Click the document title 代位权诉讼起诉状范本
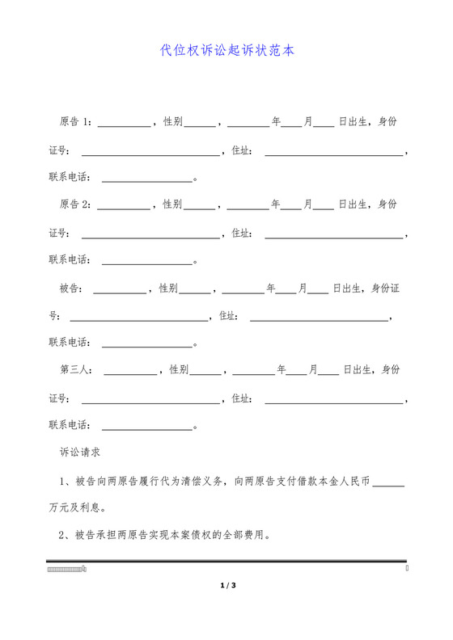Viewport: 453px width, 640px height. point(226,50)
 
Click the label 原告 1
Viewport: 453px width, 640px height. point(75,122)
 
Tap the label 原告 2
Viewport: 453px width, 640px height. point(75,204)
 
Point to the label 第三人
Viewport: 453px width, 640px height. point(75,370)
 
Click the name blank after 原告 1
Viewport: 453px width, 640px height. point(124,124)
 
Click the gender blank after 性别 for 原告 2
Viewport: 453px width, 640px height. point(200,206)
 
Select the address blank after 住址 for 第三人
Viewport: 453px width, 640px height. point(334,399)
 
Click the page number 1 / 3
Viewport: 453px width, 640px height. point(226,584)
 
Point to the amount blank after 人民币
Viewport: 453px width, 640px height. point(390,482)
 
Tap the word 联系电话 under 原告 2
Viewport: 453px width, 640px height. point(70,260)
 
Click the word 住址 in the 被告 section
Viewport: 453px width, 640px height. point(227,315)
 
